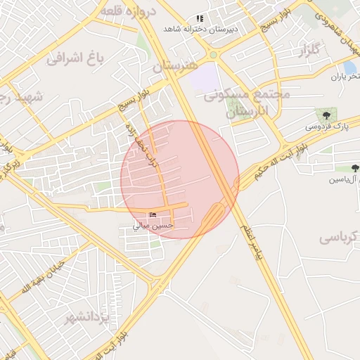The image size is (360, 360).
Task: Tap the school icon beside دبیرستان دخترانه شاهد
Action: pyautogui.click(x=200, y=18)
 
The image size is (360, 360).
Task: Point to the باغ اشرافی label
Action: pyautogui.click(x=75, y=58)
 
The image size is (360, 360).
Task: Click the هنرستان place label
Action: pyautogui.click(x=173, y=65)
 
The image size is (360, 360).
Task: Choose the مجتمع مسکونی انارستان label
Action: pyautogui.click(x=236, y=103)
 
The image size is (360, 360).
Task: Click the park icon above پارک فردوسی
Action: pyautogui.click(x=326, y=114)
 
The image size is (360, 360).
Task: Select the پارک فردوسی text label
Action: pyautogui.click(x=326, y=127)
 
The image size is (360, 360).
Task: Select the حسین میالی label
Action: pyautogui.click(x=153, y=226)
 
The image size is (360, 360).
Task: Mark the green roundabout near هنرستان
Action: pyautogui.click(x=213, y=55)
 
